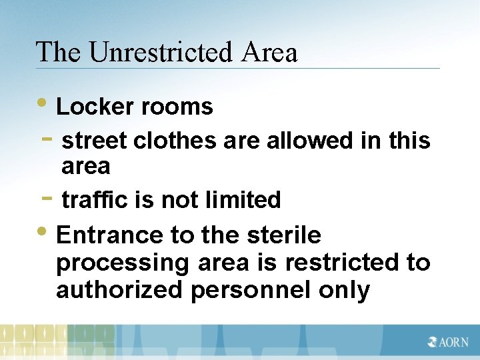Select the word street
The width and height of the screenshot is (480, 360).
pyautogui.click(x=94, y=141)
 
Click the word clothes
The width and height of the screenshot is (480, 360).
pyautogui.click(x=175, y=141)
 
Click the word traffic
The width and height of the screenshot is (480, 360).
pyautogui.click(x=93, y=199)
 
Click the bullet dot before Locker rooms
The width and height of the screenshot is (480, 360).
pyautogui.click(x=43, y=105)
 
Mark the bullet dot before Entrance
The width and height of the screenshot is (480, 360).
pyautogui.click(x=43, y=233)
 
